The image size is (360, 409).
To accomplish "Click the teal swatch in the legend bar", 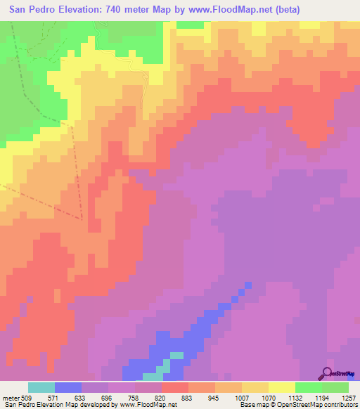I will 41,388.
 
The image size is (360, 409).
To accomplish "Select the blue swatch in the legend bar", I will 68,388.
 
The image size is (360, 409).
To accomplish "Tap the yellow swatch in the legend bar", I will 281,388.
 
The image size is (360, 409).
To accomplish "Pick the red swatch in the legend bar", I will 174,388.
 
